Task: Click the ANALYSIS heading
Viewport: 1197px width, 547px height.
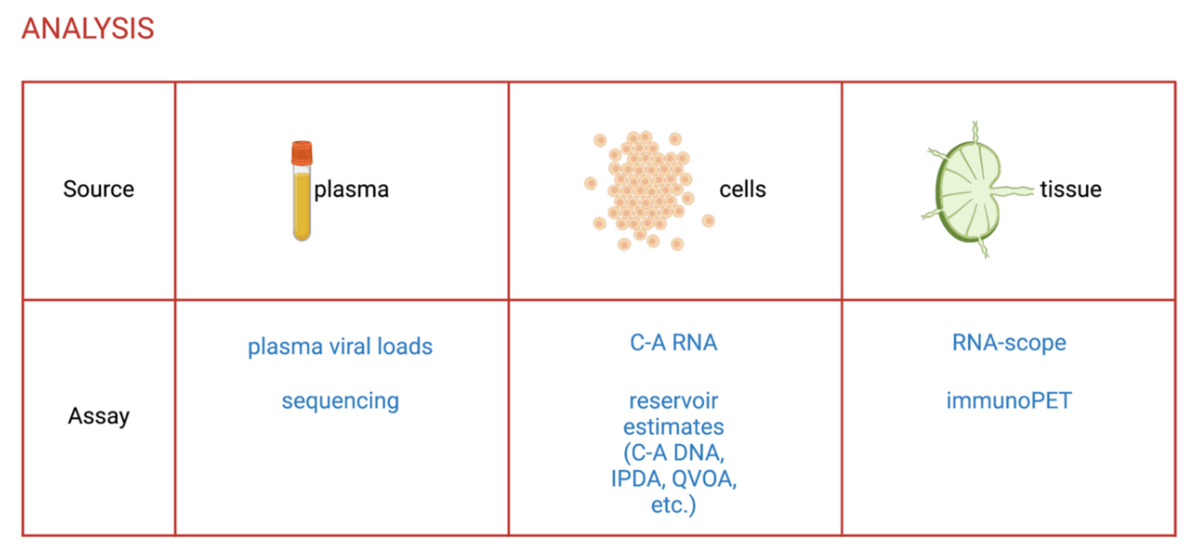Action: pyautogui.click(x=88, y=29)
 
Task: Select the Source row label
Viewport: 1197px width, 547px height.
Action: pyautogui.click(x=99, y=189)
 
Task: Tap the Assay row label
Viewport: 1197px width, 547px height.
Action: pyautogui.click(x=99, y=416)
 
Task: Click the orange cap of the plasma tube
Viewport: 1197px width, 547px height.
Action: pyautogui.click(x=302, y=153)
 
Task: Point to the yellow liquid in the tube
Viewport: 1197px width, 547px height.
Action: pyautogui.click(x=302, y=205)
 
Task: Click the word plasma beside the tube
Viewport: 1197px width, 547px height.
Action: pyautogui.click(x=351, y=190)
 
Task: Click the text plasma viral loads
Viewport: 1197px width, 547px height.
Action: pyautogui.click(x=340, y=346)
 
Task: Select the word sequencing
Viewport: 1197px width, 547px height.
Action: pyautogui.click(x=340, y=401)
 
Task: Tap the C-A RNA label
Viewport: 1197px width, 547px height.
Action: pyautogui.click(x=673, y=343)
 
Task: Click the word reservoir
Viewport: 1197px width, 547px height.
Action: pyautogui.click(x=673, y=401)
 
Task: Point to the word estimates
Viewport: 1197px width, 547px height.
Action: pyautogui.click(x=673, y=427)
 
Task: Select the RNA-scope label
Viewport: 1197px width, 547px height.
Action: pyautogui.click(x=1009, y=343)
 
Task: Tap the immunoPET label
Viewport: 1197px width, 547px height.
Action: pyautogui.click(x=1009, y=401)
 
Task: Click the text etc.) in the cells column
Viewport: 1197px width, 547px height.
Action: pyautogui.click(x=673, y=505)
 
